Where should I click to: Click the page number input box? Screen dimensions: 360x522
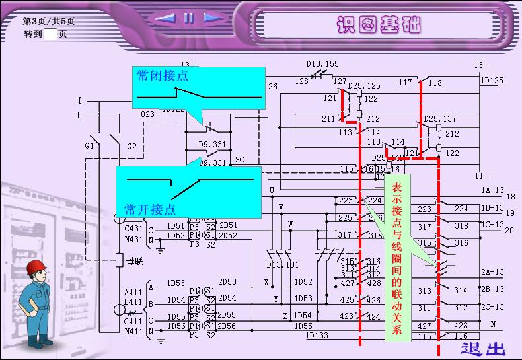coord(51,34)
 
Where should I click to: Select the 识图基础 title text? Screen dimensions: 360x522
coord(377,24)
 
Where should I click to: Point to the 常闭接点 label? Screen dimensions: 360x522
coord(163,76)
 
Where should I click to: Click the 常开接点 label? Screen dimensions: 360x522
coord(150,210)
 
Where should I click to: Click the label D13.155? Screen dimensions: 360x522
coord(322,64)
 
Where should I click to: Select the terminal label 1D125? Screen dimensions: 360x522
coord(492,81)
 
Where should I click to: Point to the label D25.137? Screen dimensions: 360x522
coord(440,119)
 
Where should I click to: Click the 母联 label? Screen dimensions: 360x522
coord(134,261)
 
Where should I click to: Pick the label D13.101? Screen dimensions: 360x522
coord(282,265)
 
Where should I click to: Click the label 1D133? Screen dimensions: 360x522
coord(317,336)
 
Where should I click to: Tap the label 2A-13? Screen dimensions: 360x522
coord(492,272)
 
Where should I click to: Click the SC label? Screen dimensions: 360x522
coord(239,160)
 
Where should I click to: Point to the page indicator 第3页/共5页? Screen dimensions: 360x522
coord(49,21)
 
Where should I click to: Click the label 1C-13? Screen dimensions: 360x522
coord(492,225)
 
